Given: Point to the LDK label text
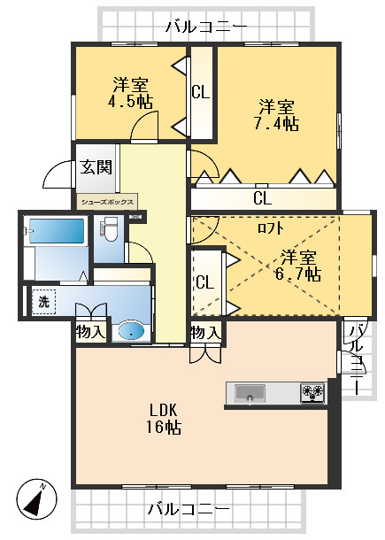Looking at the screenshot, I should pos(164,410).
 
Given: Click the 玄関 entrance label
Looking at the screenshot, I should pos(96,167).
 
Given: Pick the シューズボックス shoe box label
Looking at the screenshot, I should pos(107,202).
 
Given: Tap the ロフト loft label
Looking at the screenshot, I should pos(271,228).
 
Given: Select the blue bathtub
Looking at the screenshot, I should pos(55,231).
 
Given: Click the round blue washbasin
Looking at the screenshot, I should pos(131,331).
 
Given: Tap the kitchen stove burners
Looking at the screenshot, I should pos(313,392).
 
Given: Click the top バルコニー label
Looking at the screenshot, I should pos(206,27).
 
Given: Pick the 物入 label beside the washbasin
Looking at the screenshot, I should pos(90,332).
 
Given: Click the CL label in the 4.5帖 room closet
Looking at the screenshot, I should pos(200,91).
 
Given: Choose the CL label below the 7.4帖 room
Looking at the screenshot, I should pos(262,197).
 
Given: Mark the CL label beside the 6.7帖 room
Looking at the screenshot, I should pos(204,282).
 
